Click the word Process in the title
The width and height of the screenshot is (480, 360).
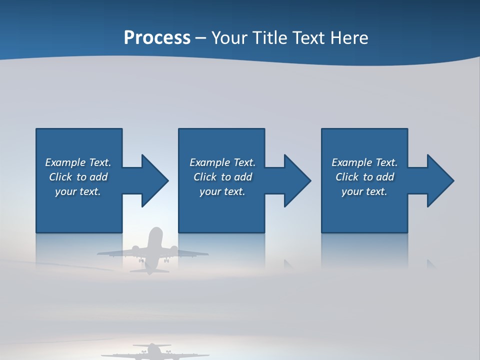click(x=157, y=38)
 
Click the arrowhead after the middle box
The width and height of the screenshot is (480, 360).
click(x=296, y=180)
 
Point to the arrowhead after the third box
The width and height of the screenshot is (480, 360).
click(x=439, y=180)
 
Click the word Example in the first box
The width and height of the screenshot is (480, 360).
click(x=66, y=162)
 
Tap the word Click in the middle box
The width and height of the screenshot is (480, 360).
click(x=205, y=177)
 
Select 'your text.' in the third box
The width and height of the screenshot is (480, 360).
click(x=364, y=191)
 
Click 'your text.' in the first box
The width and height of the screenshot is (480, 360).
click(x=78, y=191)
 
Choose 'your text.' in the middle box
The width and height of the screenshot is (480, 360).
click(x=222, y=191)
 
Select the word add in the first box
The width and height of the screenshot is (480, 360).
click(x=99, y=177)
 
